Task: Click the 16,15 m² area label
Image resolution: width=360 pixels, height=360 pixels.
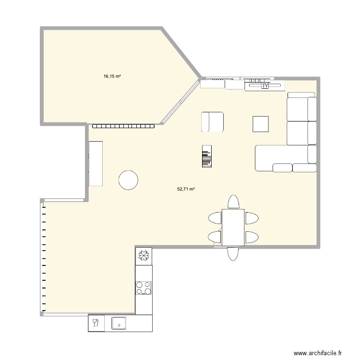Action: click(x=112, y=76)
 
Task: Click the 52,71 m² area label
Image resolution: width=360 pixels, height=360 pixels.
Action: click(x=186, y=189)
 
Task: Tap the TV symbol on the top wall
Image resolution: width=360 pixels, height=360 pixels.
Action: click(x=265, y=86)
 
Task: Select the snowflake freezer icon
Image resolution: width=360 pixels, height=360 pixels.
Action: click(x=144, y=256)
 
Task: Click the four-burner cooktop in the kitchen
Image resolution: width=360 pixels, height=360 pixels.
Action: click(x=144, y=288)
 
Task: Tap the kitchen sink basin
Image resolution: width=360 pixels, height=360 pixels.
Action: click(x=119, y=324)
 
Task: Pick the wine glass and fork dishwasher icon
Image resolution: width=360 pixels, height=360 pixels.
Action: click(x=96, y=323)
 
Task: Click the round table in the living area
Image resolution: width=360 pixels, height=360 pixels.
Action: click(x=128, y=180)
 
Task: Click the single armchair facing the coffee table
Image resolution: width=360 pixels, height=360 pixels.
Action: click(x=212, y=121)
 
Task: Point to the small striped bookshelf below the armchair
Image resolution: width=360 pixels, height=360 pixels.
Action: click(x=206, y=156)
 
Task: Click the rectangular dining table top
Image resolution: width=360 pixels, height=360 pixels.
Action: click(x=233, y=227)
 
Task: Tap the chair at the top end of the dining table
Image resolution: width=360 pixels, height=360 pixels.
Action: click(x=233, y=202)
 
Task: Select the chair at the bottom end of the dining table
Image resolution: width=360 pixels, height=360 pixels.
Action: click(x=233, y=253)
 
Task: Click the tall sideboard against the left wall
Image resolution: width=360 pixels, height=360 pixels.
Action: click(x=96, y=163)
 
